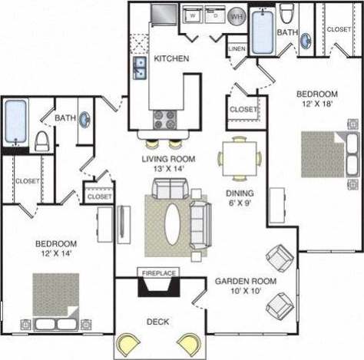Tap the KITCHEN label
(x=167, y=58)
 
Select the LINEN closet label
(x=237, y=50)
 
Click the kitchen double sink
(x=140, y=68)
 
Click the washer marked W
(x=191, y=15)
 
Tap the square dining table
(x=239, y=158)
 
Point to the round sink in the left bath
(x=82, y=120)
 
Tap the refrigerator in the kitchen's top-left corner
(x=164, y=15)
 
